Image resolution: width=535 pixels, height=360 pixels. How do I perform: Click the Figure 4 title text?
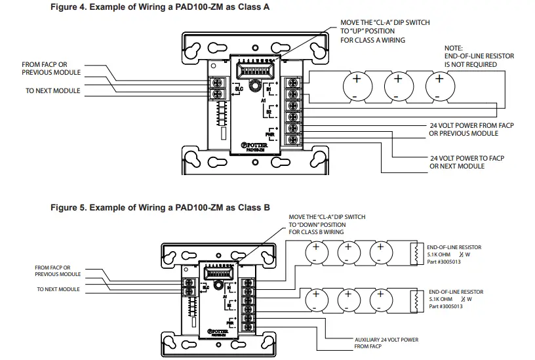point(160,7)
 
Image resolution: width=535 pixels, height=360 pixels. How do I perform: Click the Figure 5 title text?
point(160,207)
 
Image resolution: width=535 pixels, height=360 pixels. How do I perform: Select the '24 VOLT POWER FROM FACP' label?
point(463,129)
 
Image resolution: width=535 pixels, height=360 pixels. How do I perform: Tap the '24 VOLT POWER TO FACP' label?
point(466,162)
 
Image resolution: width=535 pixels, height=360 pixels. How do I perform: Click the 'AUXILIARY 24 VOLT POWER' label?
point(386,342)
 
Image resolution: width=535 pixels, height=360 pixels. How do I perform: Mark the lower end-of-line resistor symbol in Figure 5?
point(414,300)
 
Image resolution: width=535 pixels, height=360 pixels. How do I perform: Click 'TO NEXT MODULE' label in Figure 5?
point(59,289)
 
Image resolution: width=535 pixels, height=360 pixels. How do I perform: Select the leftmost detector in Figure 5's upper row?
point(315,252)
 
